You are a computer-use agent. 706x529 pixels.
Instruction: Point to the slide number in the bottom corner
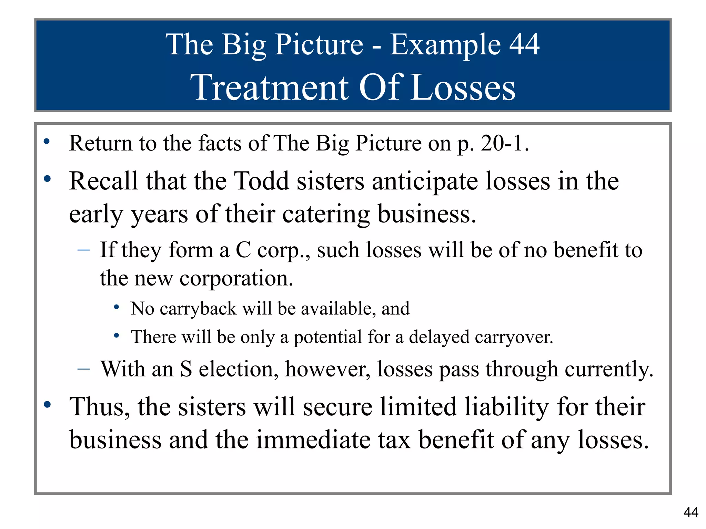click(x=691, y=512)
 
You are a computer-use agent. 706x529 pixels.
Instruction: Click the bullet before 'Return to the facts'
click(x=47, y=141)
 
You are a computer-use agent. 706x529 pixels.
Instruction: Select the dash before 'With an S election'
click(x=84, y=369)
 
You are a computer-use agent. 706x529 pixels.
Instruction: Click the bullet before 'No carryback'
click(x=117, y=307)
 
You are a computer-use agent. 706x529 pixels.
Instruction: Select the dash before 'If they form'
click(x=84, y=250)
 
